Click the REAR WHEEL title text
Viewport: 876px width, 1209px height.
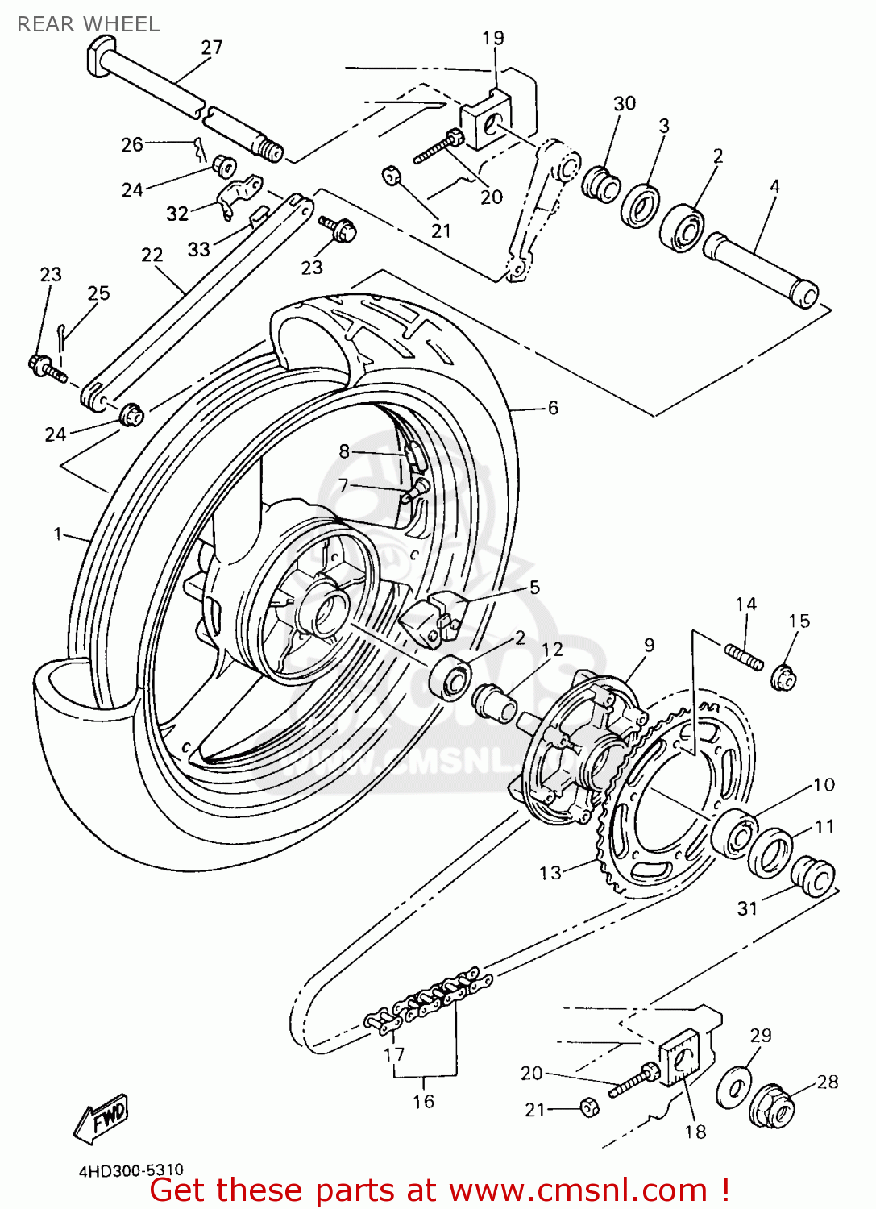89,24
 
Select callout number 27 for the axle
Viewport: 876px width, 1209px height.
212,48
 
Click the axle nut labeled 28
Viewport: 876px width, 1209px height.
771,1105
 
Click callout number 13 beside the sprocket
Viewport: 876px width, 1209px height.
550,873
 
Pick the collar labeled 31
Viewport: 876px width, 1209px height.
812,875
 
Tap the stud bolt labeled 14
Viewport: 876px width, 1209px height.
744,655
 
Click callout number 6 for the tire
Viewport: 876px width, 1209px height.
553,409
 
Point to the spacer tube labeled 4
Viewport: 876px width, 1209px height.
759,268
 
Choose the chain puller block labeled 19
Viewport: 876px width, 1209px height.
488,119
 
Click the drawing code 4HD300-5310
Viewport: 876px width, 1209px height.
131,1170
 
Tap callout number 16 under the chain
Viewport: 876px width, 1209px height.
424,1102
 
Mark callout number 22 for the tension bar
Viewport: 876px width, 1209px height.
152,256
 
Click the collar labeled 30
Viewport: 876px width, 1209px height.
602,185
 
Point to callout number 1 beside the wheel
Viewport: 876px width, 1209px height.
58,534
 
